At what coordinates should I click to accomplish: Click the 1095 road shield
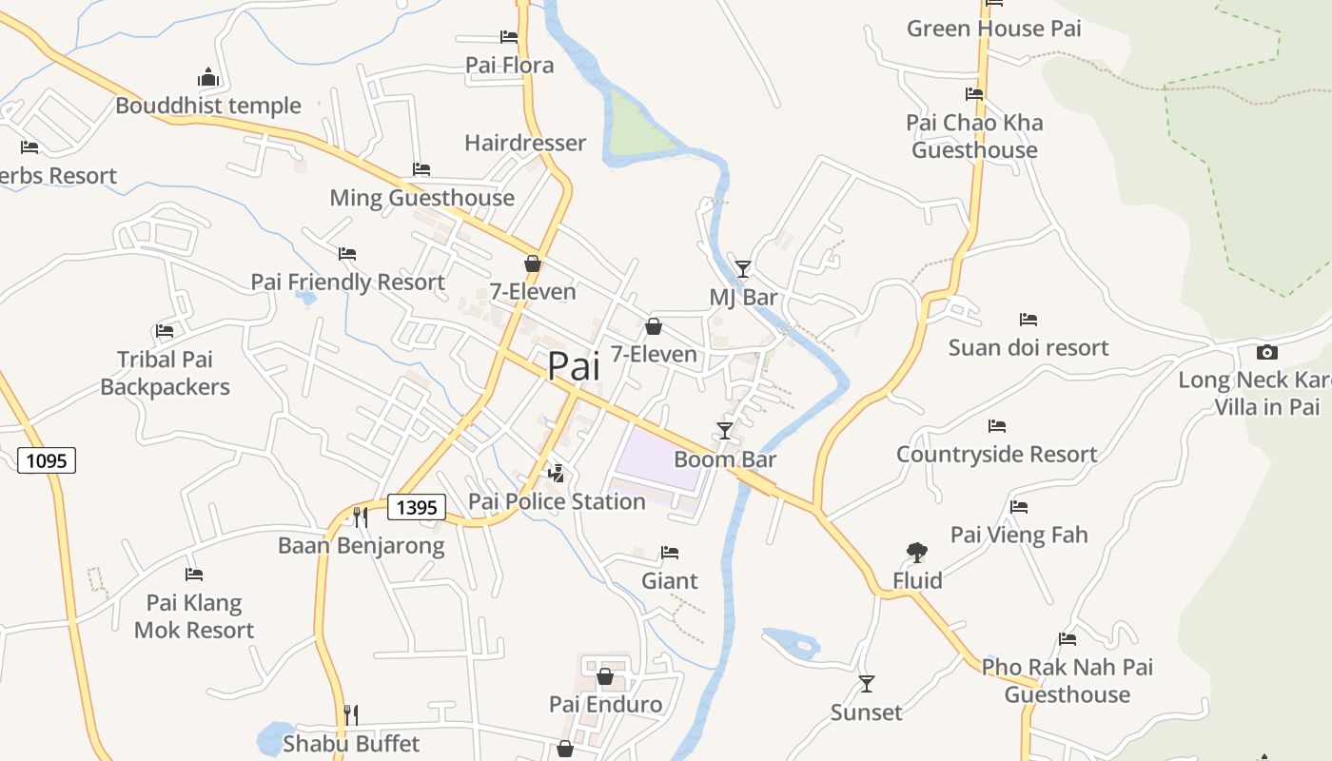[47, 461]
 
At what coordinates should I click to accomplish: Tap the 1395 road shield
[417, 507]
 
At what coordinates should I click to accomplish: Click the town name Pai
[574, 366]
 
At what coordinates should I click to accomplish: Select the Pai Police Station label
[557, 501]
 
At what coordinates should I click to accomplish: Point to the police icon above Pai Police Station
[557, 473]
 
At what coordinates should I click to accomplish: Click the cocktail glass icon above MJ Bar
[742, 268]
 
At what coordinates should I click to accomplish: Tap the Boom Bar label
[725, 459]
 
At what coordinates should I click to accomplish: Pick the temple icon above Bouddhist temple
[208, 77]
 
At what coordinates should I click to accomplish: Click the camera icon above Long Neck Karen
[1266, 352]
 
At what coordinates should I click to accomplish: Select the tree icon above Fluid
[917, 552]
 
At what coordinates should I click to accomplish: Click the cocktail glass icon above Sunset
[866, 683]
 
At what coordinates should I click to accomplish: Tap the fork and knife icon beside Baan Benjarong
[361, 517]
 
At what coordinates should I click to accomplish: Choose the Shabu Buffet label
[351, 743]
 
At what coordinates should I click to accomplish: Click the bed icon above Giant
[670, 553]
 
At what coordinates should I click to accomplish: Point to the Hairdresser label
[525, 143]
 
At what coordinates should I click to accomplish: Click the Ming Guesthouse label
[421, 198]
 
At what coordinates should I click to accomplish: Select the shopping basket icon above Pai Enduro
[605, 676]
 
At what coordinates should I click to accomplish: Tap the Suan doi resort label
[1028, 347]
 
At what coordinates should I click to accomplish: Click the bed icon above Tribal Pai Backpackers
[165, 331]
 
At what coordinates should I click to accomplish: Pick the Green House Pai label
[994, 29]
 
